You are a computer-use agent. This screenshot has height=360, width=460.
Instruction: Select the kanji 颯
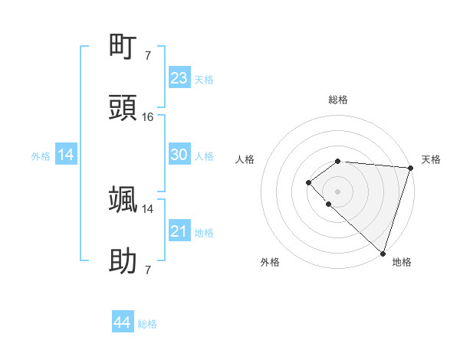tap(123, 199)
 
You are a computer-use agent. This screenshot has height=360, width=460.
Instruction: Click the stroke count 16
tap(148, 117)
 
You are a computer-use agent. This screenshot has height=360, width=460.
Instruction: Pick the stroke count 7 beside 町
tap(147, 56)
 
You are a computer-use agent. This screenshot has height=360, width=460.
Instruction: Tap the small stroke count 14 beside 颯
tap(148, 208)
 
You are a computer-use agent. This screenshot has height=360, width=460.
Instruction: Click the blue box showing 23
tap(179, 78)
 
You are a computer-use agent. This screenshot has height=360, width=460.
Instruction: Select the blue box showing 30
tap(179, 155)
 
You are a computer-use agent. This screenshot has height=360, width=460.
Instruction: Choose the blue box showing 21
tap(179, 231)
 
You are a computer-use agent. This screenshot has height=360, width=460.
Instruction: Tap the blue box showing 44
tap(122, 323)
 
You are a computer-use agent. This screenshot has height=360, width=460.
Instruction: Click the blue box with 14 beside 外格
tap(65, 155)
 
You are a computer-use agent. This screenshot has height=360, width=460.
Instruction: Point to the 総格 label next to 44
tap(147, 325)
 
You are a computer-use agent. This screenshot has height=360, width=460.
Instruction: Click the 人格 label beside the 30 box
tap(204, 156)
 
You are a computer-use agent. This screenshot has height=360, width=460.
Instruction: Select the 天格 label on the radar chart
tap(432, 159)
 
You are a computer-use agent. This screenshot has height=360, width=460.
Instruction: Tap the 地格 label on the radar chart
tap(402, 262)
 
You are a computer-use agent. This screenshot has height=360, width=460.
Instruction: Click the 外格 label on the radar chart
tap(270, 262)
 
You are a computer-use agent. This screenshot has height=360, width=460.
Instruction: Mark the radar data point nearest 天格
tap(410, 168)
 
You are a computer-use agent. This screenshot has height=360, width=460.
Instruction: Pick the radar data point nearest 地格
tap(383, 253)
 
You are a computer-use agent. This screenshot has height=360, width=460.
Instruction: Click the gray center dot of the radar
tap(337, 191)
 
